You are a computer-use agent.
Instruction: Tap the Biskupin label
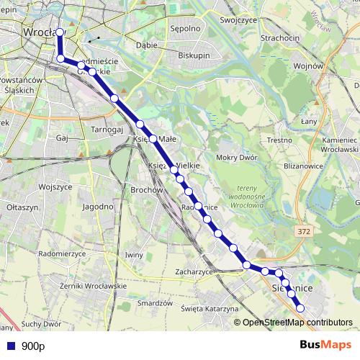[x=194, y=53]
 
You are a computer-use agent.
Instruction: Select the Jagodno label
[x=97, y=206]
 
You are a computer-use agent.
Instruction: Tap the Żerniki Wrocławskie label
[x=94, y=286]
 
